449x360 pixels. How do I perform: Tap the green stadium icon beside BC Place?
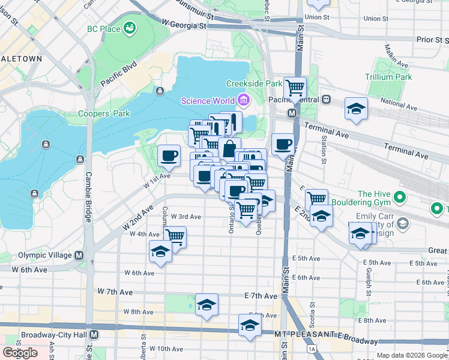click(129, 28)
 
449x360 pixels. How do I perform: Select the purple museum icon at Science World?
click(243, 100)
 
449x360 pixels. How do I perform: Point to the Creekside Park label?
click(254, 83)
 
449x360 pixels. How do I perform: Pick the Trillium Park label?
click(388, 77)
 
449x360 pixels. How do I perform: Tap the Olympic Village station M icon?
click(79, 255)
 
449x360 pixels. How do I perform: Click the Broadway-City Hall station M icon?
click(94, 335)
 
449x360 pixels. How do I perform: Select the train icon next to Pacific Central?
click(326, 99)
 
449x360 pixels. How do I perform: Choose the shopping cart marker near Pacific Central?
click(295, 88)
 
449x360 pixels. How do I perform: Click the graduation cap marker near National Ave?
click(356, 108)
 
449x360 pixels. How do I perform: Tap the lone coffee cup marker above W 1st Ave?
click(169, 155)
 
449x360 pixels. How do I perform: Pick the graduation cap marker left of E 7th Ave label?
click(206, 304)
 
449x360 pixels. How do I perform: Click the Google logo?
click(20, 352)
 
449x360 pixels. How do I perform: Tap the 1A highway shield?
click(311, 349)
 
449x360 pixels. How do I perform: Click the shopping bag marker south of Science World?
click(229, 148)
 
